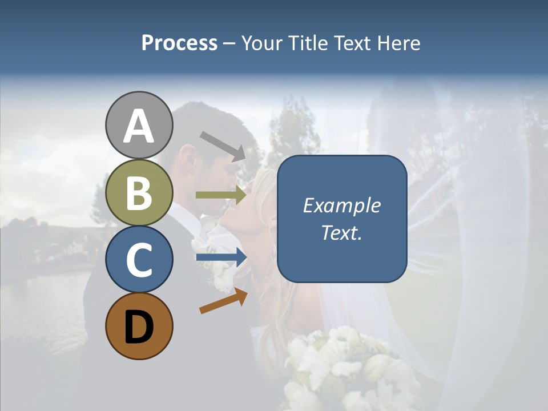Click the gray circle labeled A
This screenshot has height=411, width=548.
pos(139,126)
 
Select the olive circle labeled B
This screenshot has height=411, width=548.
pos(139,192)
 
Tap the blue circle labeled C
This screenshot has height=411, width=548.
pos(139,259)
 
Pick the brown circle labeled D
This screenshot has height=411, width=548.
pos(139,326)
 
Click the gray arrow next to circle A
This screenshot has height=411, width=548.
pos(223,146)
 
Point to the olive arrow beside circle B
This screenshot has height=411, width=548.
pos(221,195)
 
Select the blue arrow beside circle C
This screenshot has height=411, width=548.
pos(221,257)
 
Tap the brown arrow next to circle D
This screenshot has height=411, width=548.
pos(223,301)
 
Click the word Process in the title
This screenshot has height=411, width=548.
pos(179,43)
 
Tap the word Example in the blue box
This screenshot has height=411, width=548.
pos(341,205)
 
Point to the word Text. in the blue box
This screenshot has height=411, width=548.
pos(341,233)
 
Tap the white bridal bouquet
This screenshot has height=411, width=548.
pos(342,365)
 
